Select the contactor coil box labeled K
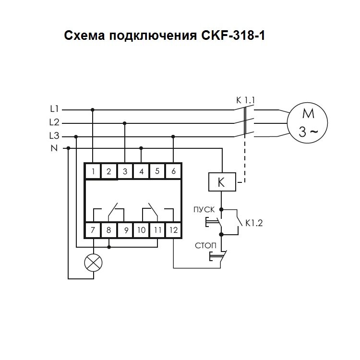coord(221,182)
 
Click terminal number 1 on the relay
coord(93,171)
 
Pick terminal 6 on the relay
coord(173,171)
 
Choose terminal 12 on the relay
coord(173,230)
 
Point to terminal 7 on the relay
coord(93,230)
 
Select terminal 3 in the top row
coord(125,171)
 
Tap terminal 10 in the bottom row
coord(141,230)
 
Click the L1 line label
coord(54,109)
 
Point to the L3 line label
coord(54,136)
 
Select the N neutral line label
coord(54,148)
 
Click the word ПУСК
coord(204,209)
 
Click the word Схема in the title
coord(84,36)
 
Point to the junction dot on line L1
coord(93,109)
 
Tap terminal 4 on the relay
coord(141,171)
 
